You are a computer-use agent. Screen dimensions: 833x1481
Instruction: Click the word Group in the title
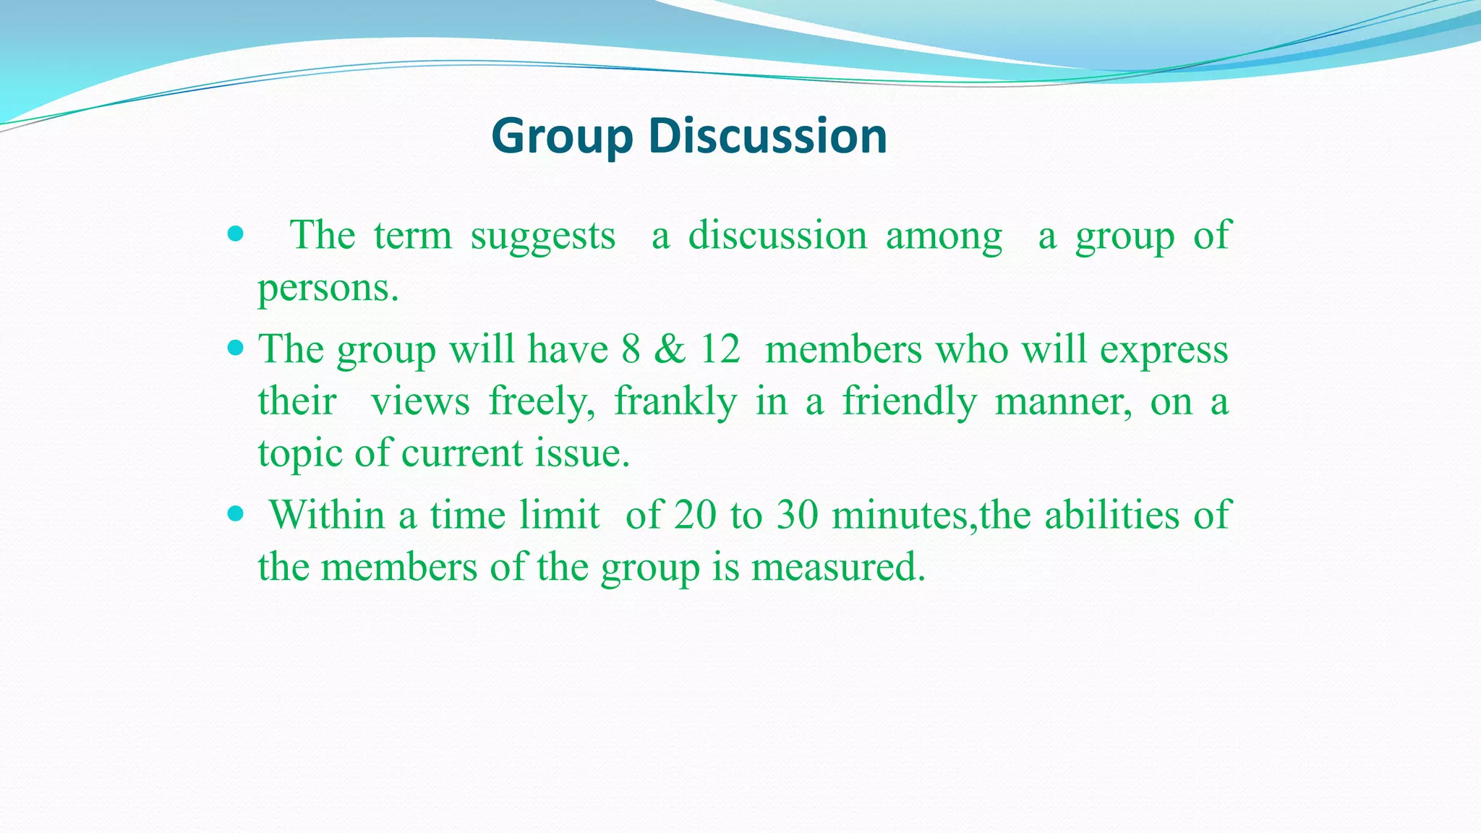click(x=562, y=136)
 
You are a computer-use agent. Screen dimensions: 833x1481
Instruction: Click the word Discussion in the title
click(x=767, y=136)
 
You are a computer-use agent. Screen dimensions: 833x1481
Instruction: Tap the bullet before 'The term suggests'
click(x=235, y=234)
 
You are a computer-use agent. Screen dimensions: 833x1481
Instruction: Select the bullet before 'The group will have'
click(x=235, y=349)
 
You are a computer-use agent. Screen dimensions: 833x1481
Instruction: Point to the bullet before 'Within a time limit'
click(x=235, y=514)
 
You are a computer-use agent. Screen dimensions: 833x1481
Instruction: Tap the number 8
click(x=631, y=349)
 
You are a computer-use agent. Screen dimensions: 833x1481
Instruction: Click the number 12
click(x=720, y=349)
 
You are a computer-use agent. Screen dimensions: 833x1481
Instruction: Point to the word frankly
click(x=675, y=402)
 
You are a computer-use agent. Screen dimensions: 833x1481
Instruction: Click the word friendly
click(x=909, y=402)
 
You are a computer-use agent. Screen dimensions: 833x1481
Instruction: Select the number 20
click(x=695, y=516)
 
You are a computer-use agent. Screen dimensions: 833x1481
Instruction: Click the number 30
click(x=797, y=516)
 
